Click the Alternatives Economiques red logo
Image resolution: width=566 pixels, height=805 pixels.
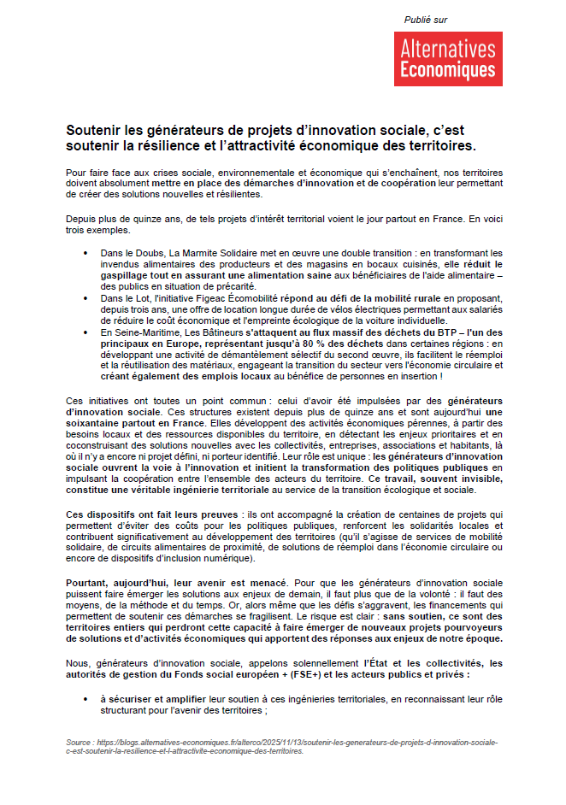click(x=448, y=58)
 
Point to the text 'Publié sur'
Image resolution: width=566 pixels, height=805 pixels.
click(x=426, y=20)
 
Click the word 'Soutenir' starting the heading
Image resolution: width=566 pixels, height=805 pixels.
click(x=94, y=131)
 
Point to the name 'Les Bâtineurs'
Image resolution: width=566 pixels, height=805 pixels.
click(x=214, y=331)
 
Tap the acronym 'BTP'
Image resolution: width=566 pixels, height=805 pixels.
click(x=438, y=331)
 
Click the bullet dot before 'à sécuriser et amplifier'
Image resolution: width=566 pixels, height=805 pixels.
click(x=85, y=699)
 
